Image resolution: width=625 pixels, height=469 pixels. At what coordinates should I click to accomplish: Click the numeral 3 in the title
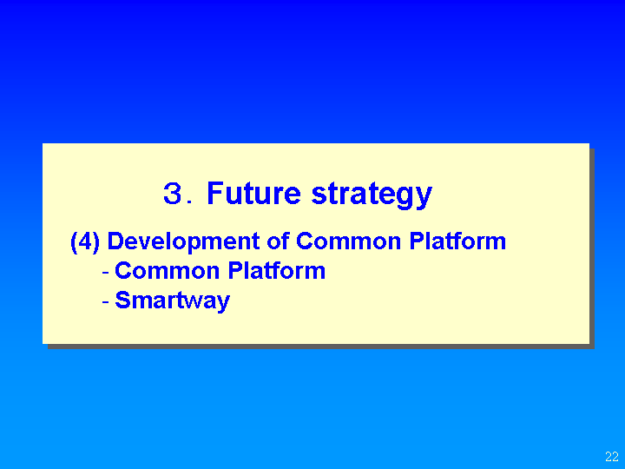[x=173, y=194]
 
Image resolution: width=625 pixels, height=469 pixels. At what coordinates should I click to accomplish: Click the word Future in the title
[x=253, y=193]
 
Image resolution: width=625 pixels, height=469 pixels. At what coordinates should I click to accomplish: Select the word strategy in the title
[x=372, y=195]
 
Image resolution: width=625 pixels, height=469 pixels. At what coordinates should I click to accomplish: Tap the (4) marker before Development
[x=85, y=241]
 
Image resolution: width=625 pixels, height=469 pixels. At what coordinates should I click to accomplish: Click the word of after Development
[x=279, y=241]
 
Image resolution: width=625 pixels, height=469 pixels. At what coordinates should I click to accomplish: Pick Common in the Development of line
[x=348, y=241]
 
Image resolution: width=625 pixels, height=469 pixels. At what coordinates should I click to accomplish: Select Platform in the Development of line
[x=457, y=241]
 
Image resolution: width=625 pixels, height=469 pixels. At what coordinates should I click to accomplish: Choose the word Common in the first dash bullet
[x=167, y=271]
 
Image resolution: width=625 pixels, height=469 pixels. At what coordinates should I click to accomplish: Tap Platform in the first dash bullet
[x=277, y=270]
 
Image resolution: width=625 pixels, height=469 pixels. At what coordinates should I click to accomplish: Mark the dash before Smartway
[x=106, y=302]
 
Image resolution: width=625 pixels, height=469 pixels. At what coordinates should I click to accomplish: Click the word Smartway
[x=172, y=301]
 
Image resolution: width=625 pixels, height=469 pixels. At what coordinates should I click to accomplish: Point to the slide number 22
[x=612, y=456]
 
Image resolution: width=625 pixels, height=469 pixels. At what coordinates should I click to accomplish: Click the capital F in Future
[x=215, y=193]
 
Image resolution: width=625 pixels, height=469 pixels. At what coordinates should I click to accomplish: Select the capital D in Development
[x=116, y=241]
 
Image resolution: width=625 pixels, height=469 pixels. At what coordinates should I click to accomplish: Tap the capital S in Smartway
[x=122, y=300]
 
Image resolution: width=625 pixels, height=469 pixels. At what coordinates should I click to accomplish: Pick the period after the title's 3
[x=190, y=201]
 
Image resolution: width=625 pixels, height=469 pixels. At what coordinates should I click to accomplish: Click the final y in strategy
[x=424, y=199]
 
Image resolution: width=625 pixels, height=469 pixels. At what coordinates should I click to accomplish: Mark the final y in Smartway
[x=222, y=304]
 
